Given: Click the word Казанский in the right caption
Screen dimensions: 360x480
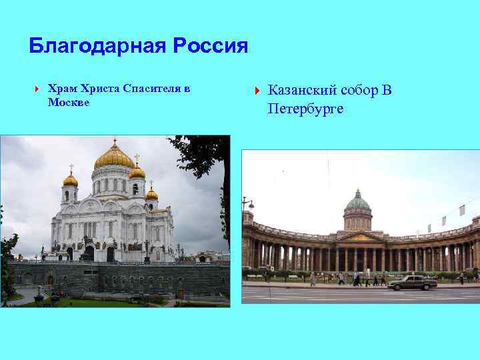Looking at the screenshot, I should click(x=302, y=91).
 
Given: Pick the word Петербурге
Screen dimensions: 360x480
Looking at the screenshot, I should click(x=306, y=108).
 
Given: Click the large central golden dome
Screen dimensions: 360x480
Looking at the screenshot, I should click(x=114, y=157).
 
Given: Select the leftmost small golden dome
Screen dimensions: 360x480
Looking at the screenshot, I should click(x=70, y=179).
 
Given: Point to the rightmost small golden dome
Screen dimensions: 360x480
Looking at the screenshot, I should click(x=152, y=194).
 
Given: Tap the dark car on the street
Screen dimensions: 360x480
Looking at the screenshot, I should click(x=413, y=283).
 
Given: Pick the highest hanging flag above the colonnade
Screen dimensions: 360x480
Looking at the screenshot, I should click(x=462, y=211).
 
